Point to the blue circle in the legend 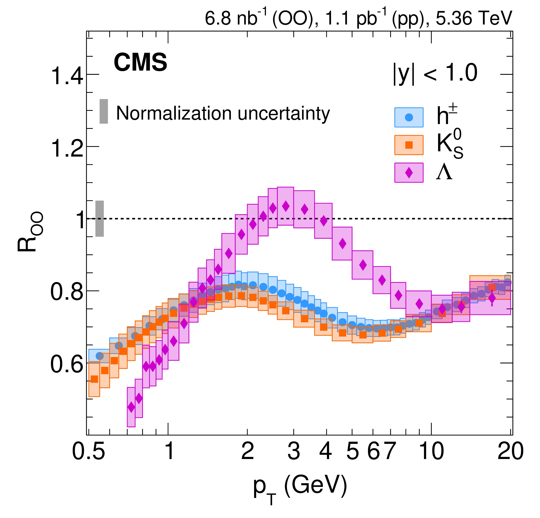409,117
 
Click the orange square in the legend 409,145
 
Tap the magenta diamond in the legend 409,173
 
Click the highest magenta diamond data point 286,206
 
